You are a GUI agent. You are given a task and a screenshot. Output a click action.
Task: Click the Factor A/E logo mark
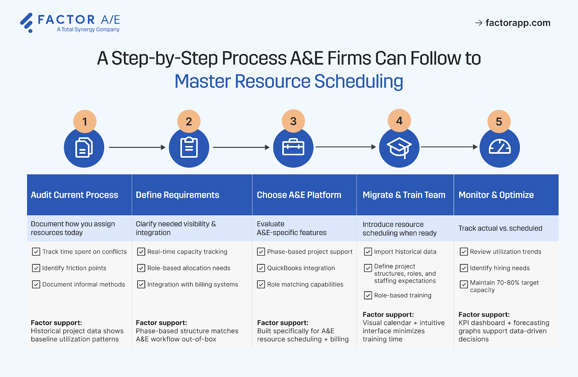(26, 22)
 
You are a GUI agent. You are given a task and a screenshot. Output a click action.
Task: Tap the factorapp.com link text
(518, 23)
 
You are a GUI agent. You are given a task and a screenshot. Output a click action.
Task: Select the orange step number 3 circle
(293, 121)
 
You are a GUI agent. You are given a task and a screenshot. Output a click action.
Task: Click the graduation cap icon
(399, 147)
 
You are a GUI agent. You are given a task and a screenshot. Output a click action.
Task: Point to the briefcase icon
(293, 147)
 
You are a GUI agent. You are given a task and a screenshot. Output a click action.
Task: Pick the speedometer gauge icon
(500, 147)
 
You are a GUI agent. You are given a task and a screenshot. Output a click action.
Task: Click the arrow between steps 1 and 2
(137, 147)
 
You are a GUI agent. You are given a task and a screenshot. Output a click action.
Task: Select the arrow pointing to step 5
(449, 147)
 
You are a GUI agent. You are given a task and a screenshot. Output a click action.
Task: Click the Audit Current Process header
(74, 195)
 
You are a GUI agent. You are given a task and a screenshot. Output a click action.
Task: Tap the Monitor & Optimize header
(496, 195)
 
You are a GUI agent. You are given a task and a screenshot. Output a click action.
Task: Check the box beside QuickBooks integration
(261, 268)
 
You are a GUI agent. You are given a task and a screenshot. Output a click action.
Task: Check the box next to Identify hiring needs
(464, 268)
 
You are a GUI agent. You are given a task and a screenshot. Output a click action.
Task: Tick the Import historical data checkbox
(368, 252)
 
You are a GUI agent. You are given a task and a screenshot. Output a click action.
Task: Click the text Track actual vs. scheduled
(500, 228)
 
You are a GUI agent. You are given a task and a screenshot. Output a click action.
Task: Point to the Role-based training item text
(402, 295)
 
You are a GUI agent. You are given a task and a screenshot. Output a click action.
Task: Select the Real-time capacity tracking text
(187, 252)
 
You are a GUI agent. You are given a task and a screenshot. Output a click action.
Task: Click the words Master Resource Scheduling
(289, 81)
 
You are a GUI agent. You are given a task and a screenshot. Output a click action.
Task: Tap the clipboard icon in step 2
(189, 147)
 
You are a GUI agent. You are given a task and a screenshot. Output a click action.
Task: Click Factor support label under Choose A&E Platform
(282, 323)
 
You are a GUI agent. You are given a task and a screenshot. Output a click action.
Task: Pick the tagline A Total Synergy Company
(88, 30)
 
